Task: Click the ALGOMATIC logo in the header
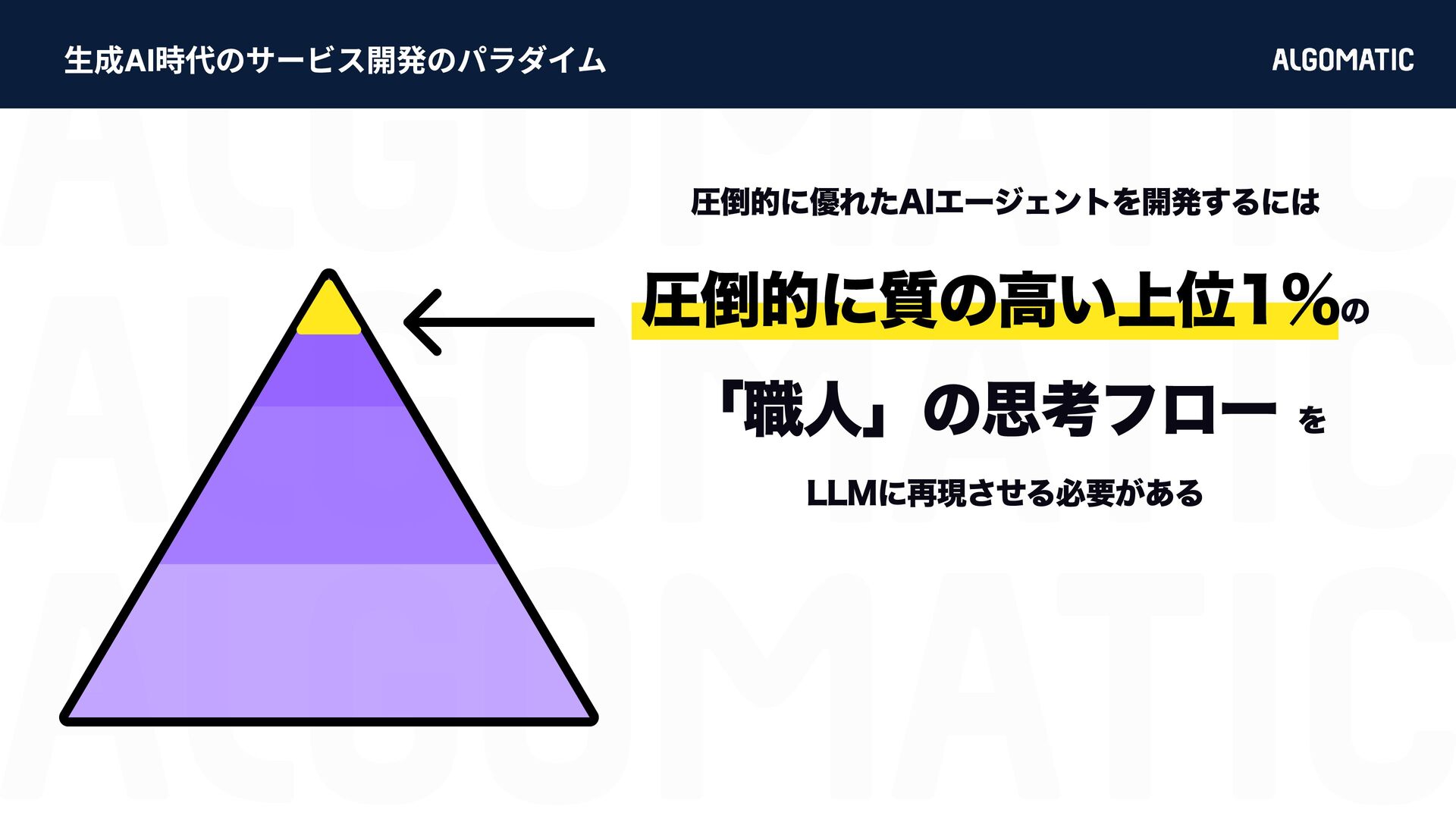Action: point(1342,60)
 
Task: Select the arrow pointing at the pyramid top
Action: point(499,322)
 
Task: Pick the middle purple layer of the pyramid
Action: point(328,485)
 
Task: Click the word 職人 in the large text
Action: point(803,411)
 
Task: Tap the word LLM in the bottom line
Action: point(841,494)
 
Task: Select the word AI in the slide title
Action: point(140,61)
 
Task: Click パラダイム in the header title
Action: point(532,61)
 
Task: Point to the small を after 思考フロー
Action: point(1312,419)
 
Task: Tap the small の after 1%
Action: point(1354,310)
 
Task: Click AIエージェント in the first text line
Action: point(993,202)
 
